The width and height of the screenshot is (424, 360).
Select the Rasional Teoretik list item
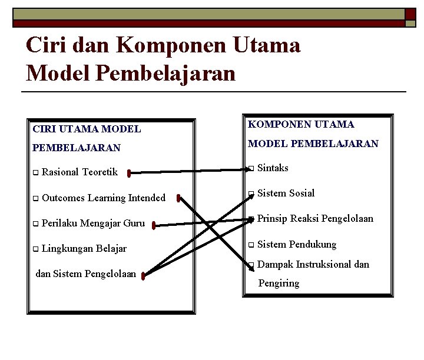pyautogui.click(x=79, y=172)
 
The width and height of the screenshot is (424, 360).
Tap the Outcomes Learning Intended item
pyautogui.click(x=104, y=198)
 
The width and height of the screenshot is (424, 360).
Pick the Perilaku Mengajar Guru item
pyautogui.click(x=93, y=224)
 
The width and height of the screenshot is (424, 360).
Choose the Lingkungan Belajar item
pyautogui.click(x=84, y=248)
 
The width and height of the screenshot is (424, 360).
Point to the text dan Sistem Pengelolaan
pyautogui.click(x=86, y=274)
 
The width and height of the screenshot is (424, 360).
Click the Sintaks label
pyautogui.click(x=273, y=168)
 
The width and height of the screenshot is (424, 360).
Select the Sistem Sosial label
pyautogui.click(x=286, y=193)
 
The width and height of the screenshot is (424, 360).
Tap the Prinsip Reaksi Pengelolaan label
pyautogui.click(x=315, y=218)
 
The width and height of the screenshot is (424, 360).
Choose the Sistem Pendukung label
pyautogui.click(x=297, y=244)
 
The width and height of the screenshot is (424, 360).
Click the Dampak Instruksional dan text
pyautogui.click(x=313, y=264)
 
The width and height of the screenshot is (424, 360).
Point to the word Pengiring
pyautogui.click(x=279, y=284)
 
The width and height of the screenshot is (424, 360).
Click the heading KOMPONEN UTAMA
pyautogui.click(x=301, y=124)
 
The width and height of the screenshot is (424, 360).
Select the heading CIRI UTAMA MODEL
pyautogui.click(x=87, y=128)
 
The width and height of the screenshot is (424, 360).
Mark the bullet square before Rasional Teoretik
pyautogui.click(x=35, y=173)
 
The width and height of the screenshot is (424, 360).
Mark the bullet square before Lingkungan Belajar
pyautogui.click(x=35, y=249)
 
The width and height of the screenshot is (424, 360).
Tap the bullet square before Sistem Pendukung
pyautogui.click(x=251, y=245)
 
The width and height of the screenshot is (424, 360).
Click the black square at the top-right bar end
pyautogui.click(x=410, y=13)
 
